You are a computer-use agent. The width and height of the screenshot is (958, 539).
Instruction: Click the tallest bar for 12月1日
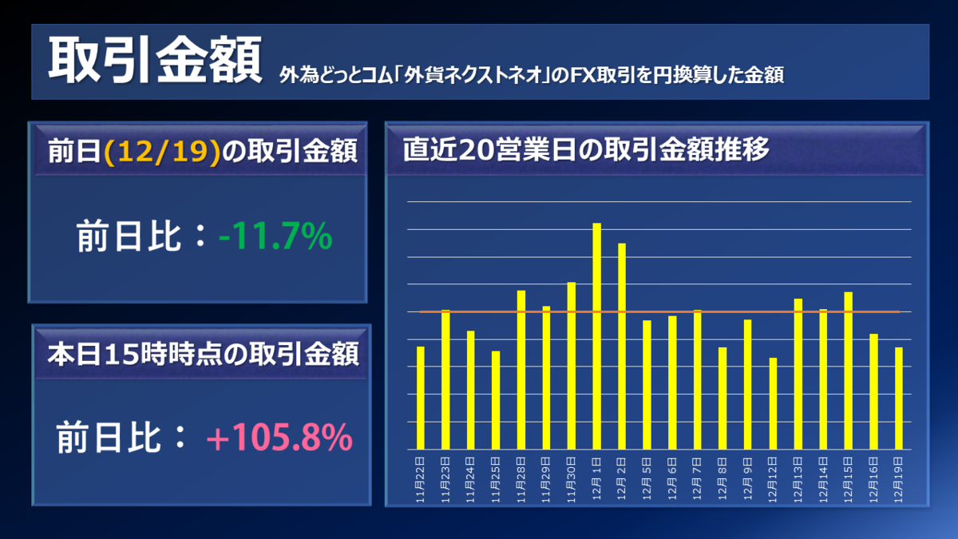[596, 335]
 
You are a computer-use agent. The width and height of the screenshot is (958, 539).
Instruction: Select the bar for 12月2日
[622, 346]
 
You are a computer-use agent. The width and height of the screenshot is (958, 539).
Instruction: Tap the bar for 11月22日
[421, 398]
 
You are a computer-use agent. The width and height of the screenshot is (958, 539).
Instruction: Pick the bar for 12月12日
[773, 403]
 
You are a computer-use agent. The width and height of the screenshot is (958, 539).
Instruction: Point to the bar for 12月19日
[899, 398]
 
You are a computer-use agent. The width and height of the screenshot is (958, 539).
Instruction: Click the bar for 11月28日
[521, 369]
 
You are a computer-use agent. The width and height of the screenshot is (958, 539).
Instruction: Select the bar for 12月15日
[849, 371]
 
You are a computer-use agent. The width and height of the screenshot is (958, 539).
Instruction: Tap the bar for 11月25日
[496, 400]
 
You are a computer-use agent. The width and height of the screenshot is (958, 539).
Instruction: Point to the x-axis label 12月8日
[723, 477]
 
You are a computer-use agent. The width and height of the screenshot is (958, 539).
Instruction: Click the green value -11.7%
[275, 237]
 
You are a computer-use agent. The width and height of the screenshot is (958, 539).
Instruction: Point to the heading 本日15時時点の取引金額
[202, 353]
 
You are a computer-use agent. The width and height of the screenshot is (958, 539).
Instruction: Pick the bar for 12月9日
[748, 384]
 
